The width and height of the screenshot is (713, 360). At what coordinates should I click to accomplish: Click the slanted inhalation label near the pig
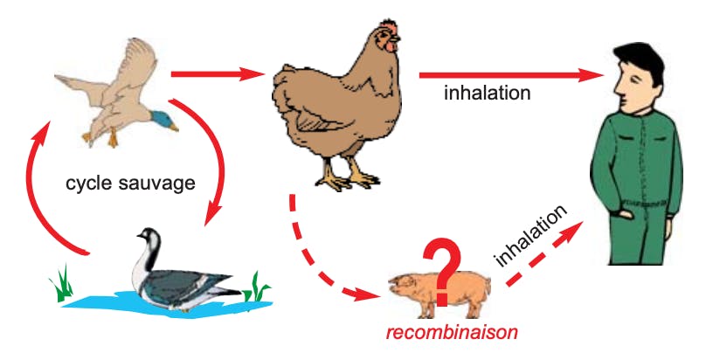point(531,237)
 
